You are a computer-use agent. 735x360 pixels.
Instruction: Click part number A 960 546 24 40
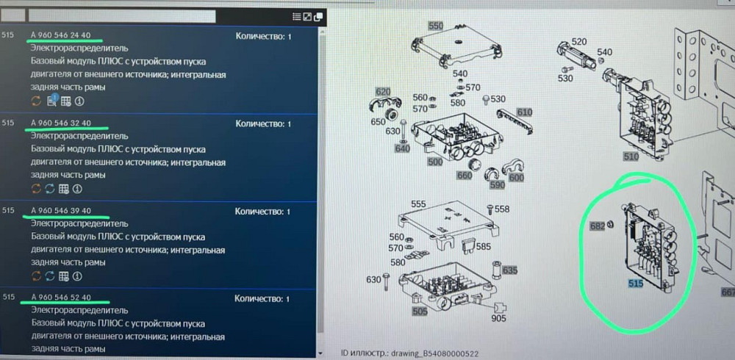(x=61, y=35)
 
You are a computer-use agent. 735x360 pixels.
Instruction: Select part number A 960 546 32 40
(x=61, y=123)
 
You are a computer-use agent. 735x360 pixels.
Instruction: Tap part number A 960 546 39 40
(x=61, y=210)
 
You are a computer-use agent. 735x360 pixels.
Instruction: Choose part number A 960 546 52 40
(x=61, y=298)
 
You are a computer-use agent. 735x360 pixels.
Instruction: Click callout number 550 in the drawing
(x=435, y=26)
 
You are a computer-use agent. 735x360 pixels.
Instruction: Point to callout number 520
(x=579, y=42)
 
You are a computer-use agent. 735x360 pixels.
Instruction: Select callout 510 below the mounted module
(x=631, y=156)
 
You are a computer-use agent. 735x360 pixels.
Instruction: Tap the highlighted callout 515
(x=636, y=283)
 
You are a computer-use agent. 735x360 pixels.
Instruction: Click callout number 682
(x=598, y=226)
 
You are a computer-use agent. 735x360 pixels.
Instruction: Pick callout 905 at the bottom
(x=499, y=319)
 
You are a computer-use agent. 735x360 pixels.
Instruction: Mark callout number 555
(x=419, y=204)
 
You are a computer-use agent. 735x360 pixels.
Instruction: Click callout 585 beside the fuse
(x=484, y=245)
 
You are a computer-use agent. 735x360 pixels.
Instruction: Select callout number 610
(x=525, y=112)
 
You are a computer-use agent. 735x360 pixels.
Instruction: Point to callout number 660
(x=464, y=176)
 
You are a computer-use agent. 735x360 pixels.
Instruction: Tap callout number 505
(x=420, y=311)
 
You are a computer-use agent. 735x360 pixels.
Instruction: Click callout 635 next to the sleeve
(x=509, y=270)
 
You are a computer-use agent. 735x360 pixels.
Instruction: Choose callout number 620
(x=383, y=91)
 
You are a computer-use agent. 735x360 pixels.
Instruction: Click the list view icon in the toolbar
(x=296, y=17)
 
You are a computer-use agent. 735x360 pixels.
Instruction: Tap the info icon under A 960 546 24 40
(x=79, y=101)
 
